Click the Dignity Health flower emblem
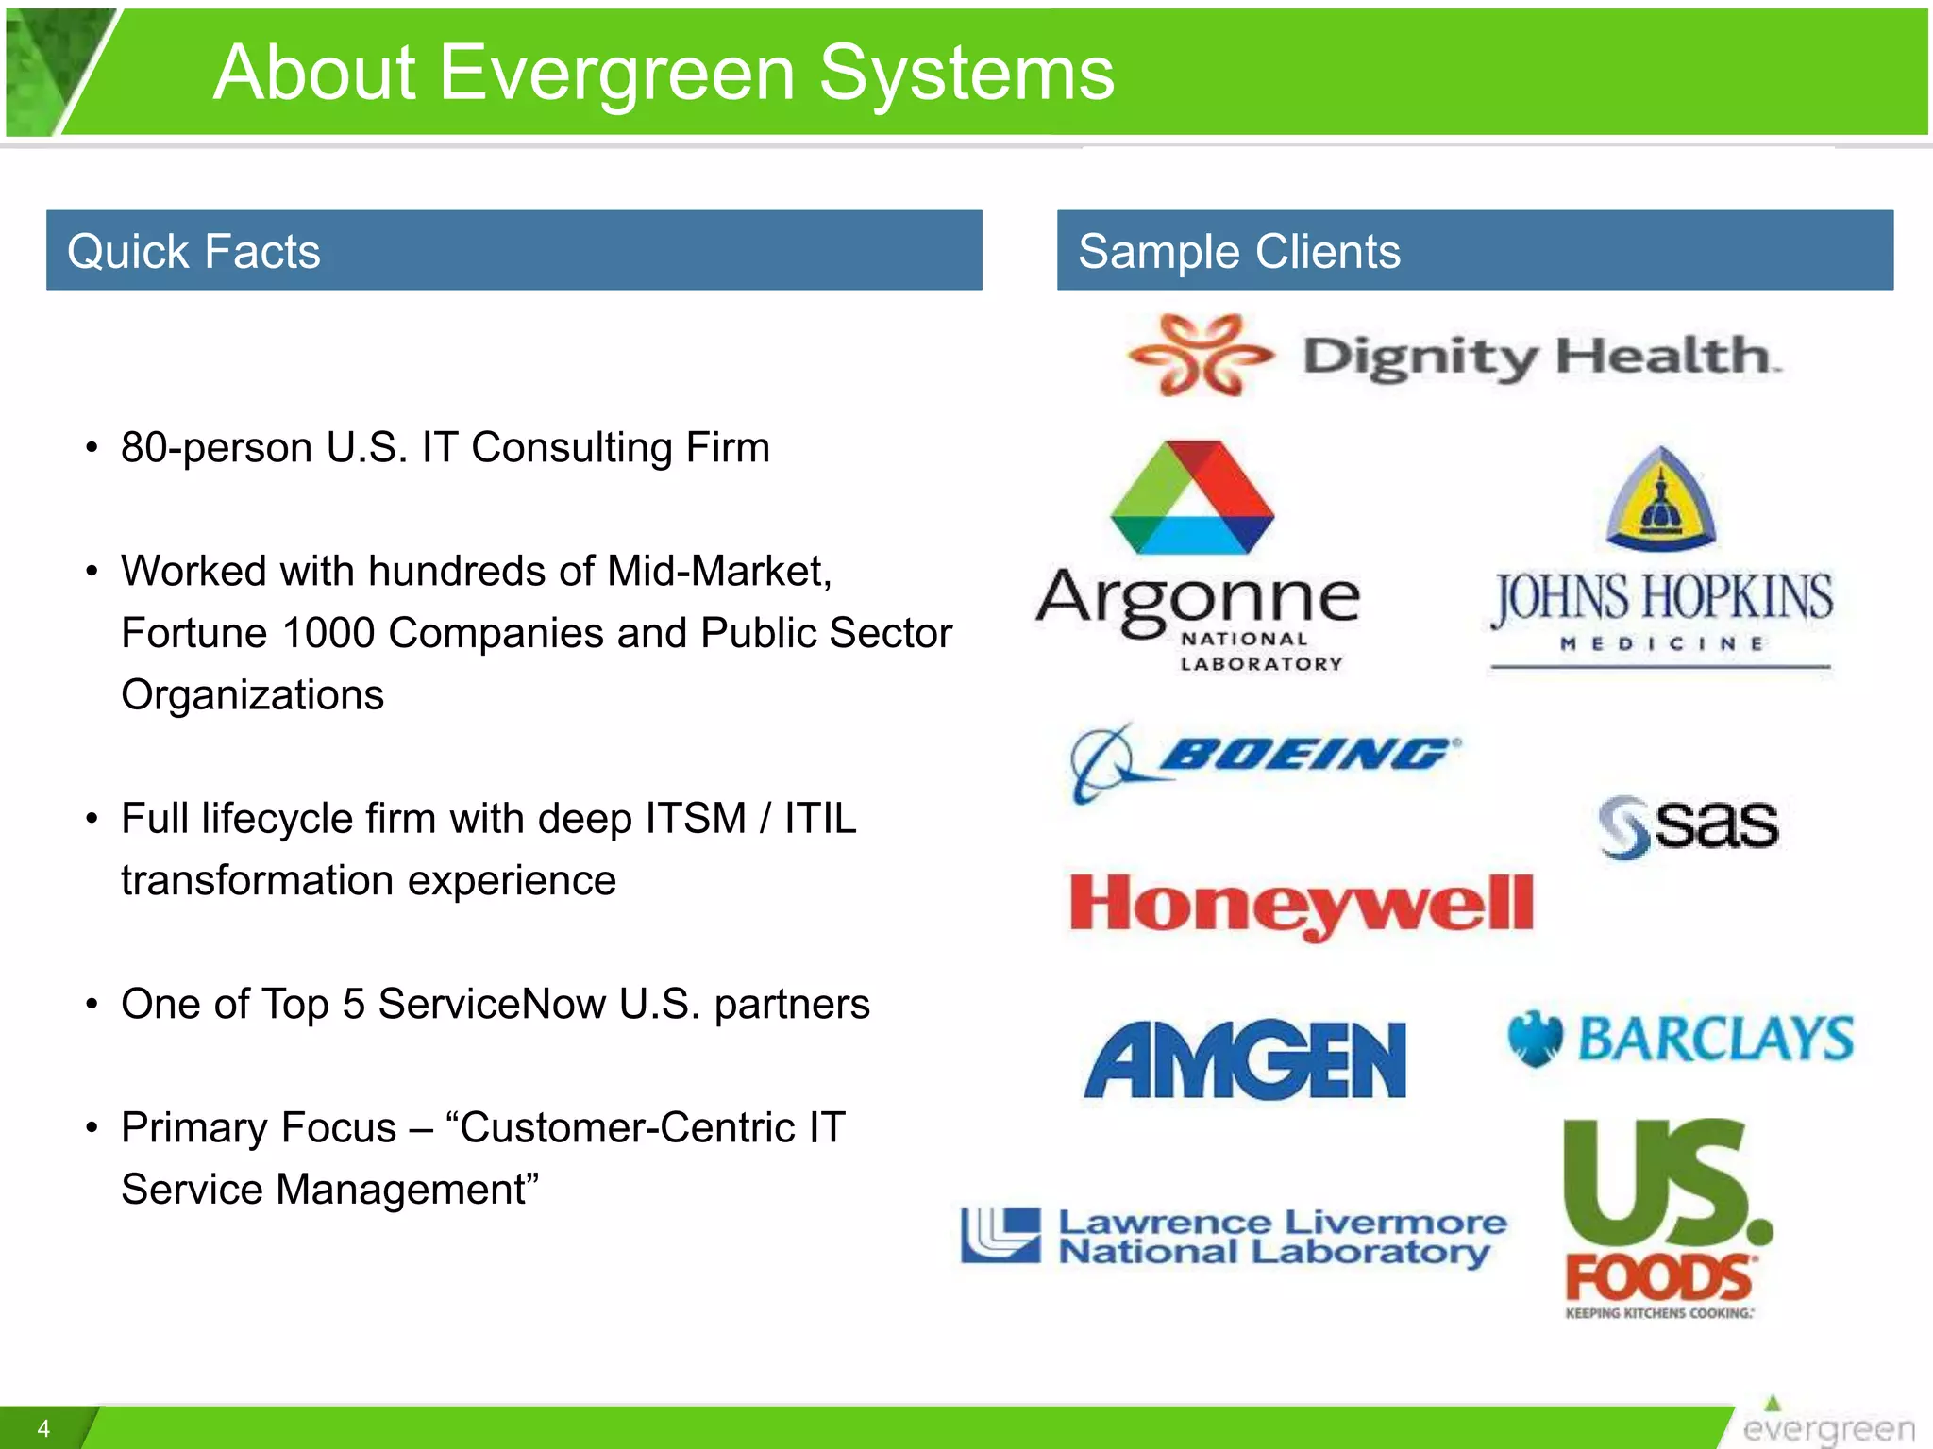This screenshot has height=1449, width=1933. pyautogui.click(x=1200, y=356)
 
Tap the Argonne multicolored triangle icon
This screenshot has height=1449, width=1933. pyautogui.click(x=1192, y=498)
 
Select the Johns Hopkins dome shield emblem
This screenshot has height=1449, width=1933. pyautogui.click(x=1661, y=500)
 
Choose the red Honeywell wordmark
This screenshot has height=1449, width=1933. pyautogui.click(x=1302, y=904)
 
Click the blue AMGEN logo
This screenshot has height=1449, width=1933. pyautogui.click(x=1245, y=1060)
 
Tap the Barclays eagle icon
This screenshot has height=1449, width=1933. pyautogui.click(x=1535, y=1039)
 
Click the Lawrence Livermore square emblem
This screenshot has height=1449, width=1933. pyautogui.click(x=1000, y=1235)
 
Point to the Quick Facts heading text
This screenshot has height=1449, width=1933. pyautogui.click(x=193, y=252)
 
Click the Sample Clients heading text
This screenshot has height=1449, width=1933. pyautogui.click(x=1238, y=252)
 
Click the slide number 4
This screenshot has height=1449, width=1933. pyautogui.click(x=43, y=1428)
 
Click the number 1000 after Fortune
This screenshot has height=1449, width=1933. pyautogui.click(x=328, y=633)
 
